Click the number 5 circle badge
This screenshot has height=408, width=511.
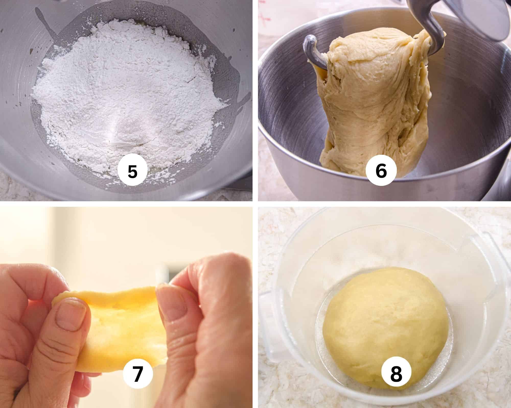(x=132, y=171)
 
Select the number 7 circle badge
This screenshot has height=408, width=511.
(x=138, y=374)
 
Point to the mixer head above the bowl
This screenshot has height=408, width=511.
(x=485, y=18)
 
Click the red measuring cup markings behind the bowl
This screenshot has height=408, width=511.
(x=263, y=15)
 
